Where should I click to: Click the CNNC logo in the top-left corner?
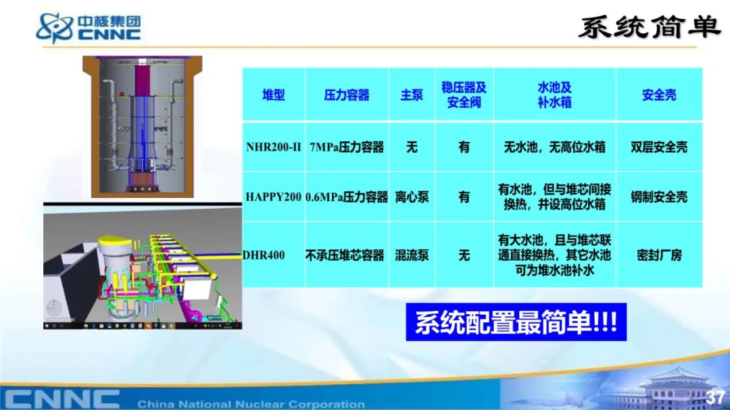click(x=89, y=28)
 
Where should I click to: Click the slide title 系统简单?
click(x=650, y=27)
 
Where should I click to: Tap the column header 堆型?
click(x=273, y=95)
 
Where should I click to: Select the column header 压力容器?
click(x=347, y=95)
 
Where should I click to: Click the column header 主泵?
click(x=412, y=95)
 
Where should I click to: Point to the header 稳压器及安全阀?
click(x=464, y=95)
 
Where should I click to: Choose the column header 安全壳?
click(x=659, y=95)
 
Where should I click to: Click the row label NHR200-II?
click(x=273, y=147)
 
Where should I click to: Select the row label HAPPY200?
click(x=273, y=197)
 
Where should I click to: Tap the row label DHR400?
click(x=264, y=255)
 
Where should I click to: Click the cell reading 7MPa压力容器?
click(x=347, y=147)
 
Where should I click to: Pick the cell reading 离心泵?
click(x=412, y=197)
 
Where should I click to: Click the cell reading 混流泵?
click(x=412, y=255)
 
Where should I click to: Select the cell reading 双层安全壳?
click(x=659, y=147)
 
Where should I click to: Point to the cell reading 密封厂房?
click(x=659, y=255)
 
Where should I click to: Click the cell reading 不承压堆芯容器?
click(x=345, y=255)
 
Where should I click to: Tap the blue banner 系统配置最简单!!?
click(x=516, y=322)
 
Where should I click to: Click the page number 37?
click(x=714, y=397)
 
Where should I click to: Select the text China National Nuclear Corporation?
click(x=251, y=404)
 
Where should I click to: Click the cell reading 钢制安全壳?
click(x=659, y=197)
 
